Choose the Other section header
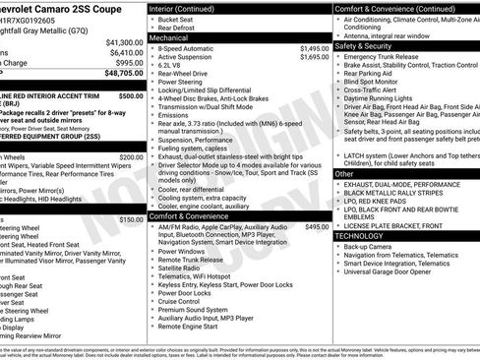(x=344, y=173)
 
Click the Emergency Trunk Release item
(x=383, y=57)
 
